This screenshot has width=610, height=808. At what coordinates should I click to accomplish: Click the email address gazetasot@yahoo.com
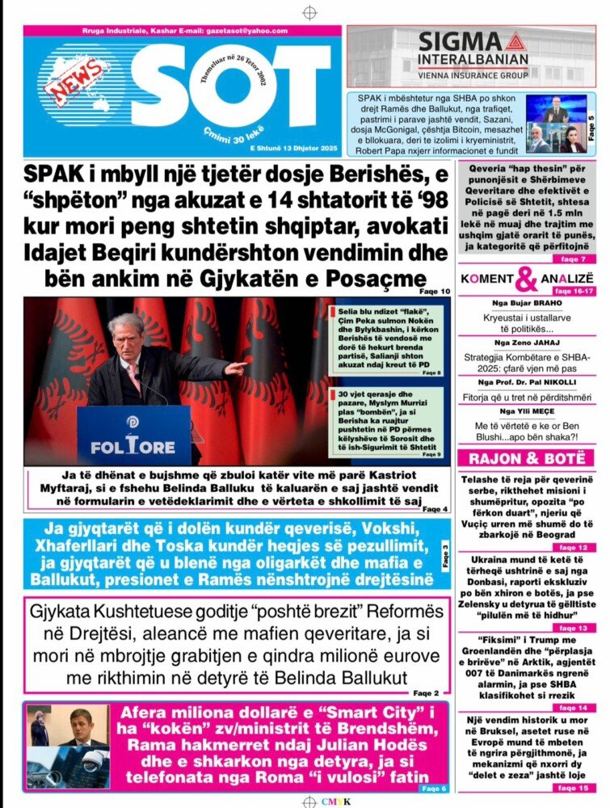tap(242, 31)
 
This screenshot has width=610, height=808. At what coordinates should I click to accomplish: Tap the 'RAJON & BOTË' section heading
tap(526, 458)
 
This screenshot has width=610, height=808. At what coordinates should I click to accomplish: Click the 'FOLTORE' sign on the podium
tap(133, 445)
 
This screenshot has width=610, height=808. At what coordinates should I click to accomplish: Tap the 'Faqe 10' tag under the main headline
tap(435, 292)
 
